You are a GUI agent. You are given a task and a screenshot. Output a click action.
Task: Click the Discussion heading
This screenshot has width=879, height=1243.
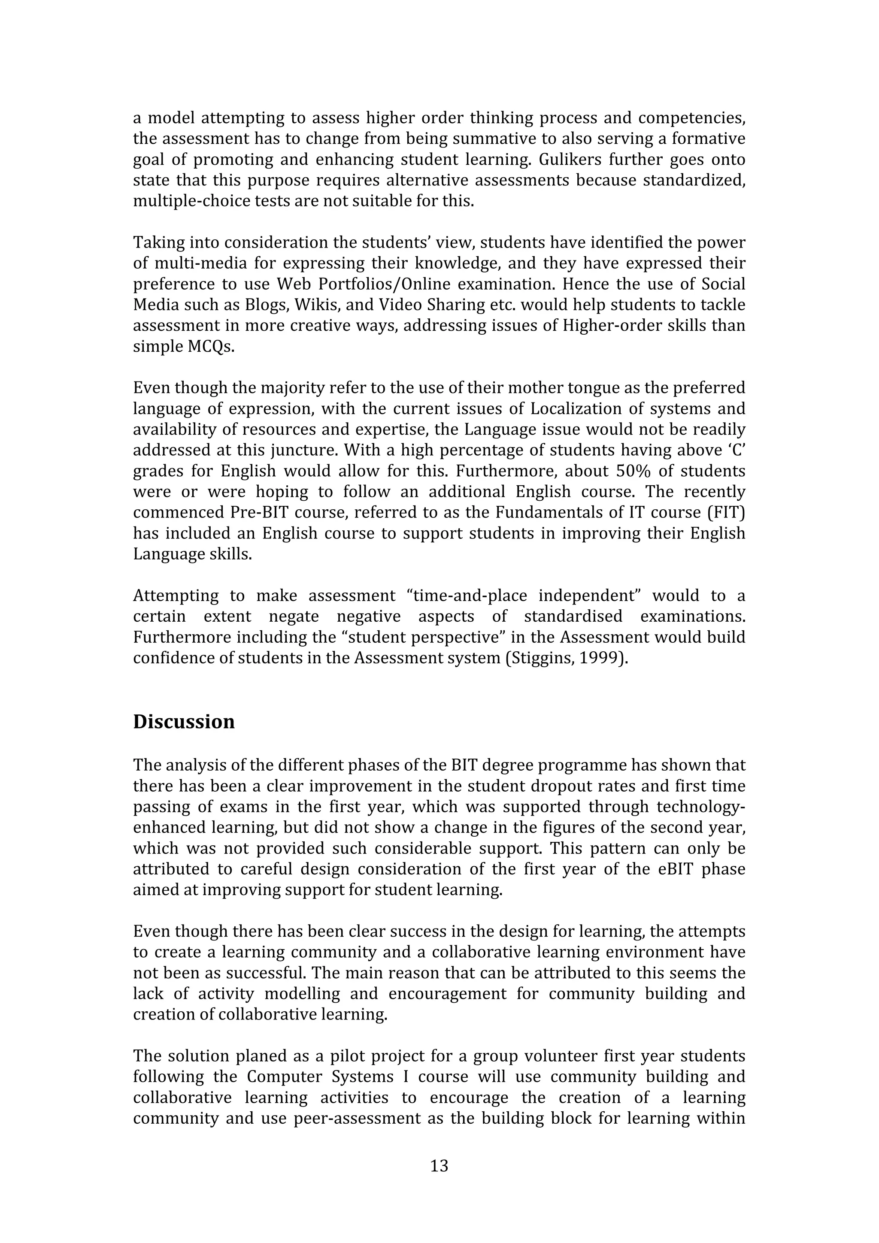pyautogui.click(x=184, y=722)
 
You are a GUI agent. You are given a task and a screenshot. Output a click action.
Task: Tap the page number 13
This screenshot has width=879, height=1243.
pyautogui.click(x=439, y=1166)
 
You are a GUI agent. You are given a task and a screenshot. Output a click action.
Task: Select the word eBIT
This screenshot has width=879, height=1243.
pyautogui.click(x=677, y=869)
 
